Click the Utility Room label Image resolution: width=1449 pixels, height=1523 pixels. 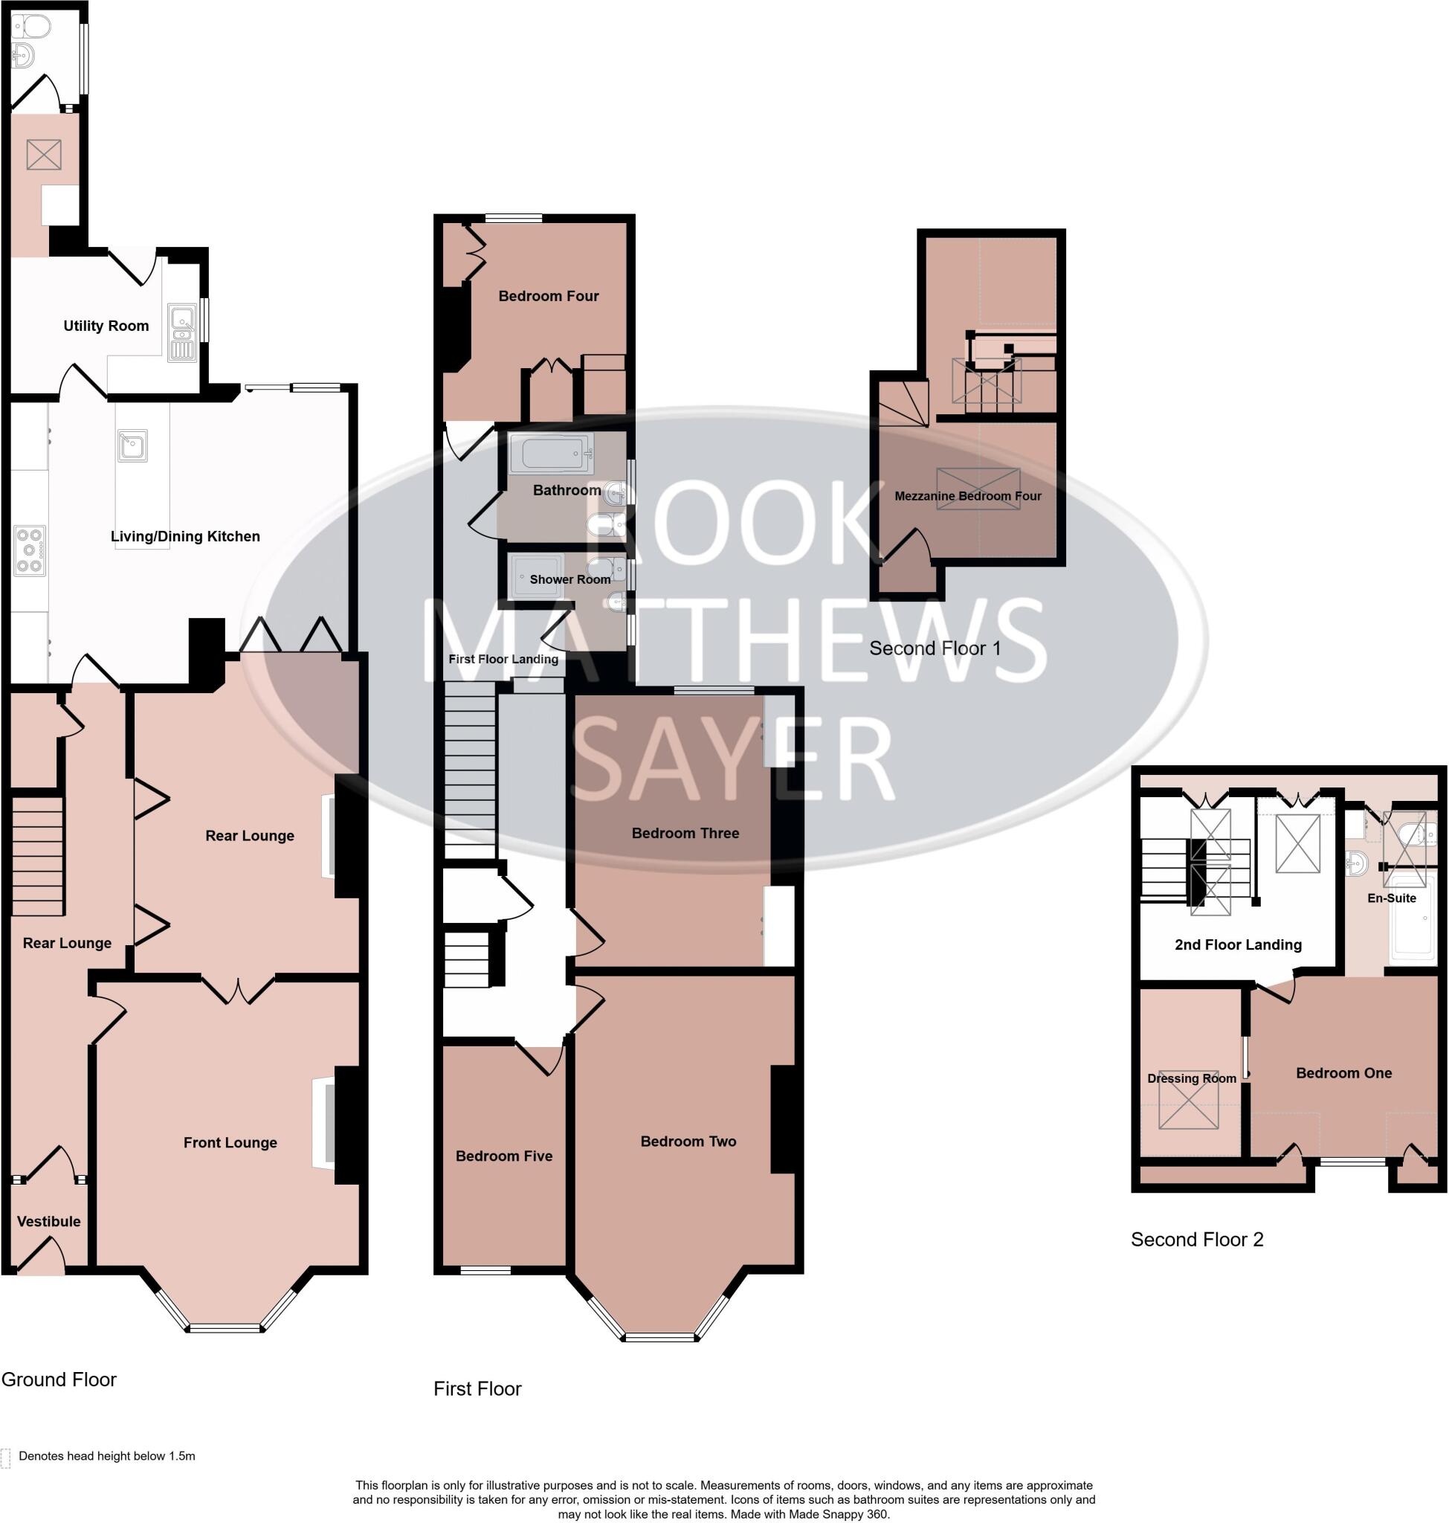click(106, 326)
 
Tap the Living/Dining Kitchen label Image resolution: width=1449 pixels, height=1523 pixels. click(184, 536)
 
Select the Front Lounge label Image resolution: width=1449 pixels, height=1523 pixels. click(230, 1142)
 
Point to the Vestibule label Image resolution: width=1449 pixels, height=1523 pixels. click(48, 1221)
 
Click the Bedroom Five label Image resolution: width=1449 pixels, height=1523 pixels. click(503, 1156)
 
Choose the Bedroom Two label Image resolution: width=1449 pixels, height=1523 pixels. click(688, 1142)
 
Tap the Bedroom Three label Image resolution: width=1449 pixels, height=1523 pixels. click(685, 833)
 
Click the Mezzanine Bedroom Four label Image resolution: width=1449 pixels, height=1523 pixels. click(968, 496)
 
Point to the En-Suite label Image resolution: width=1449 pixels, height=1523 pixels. click(1391, 898)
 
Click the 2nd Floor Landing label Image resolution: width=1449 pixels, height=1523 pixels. click(1238, 944)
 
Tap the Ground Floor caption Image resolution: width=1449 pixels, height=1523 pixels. click(59, 1379)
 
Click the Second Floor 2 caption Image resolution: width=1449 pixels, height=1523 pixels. click(1196, 1240)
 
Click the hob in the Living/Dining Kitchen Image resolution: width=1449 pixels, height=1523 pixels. click(29, 550)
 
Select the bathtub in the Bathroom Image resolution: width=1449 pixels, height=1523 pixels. click(551, 453)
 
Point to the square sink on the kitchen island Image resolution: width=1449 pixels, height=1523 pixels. click(132, 445)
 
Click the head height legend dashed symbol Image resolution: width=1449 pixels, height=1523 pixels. click(6, 1458)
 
